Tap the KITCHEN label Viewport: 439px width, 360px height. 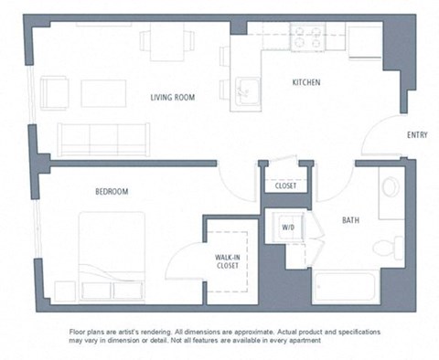click(306, 83)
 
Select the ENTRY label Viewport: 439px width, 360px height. click(416, 136)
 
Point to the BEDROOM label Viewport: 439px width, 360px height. click(111, 191)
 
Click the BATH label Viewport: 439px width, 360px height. click(350, 220)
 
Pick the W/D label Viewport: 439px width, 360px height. click(287, 227)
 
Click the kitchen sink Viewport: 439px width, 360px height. click(245, 90)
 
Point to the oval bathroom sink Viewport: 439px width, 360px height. click(391, 189)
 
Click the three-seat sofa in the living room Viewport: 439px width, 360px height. click(102, 140)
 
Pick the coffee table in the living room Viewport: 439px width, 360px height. click(103, 93)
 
